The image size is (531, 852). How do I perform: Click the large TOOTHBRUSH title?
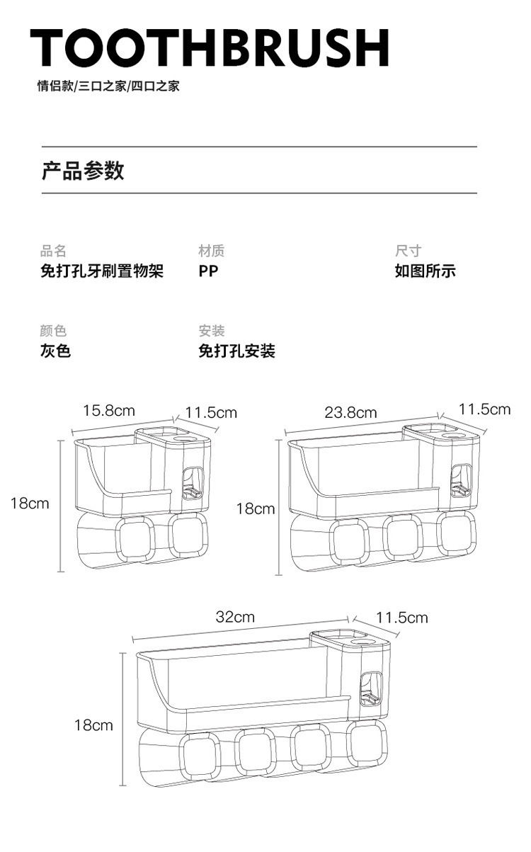pyautogui.click(x=210, y=48)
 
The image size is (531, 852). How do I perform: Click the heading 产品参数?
pyautogui.click(x=83, y=171)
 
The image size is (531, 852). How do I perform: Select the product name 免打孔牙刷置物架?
pyautogui.click(x=101, y=271)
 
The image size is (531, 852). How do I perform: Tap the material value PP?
pyautogui.click(x=208, y=271)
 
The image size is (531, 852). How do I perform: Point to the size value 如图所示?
pyautogui.click(x=425, y=271)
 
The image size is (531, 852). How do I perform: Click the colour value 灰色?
pyautogui.click(x=55, y=351)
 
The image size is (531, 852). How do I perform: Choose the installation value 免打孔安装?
pyautogui.click(x=236, y=351)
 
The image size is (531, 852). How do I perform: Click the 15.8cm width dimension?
pyautogui.click(x=108, y=411)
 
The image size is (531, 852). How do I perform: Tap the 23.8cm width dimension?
pyautogui.click(x=350, y=413)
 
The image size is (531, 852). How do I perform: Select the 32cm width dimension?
pyautogui.click(x=235, y=617)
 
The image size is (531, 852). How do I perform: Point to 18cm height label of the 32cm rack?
pyautogui.click(x=93, y=725)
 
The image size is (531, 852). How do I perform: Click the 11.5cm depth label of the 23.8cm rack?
pyautogui.click(x=484, y=409)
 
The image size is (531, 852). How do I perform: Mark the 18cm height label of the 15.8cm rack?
pyautogui.click(x=30, y=504)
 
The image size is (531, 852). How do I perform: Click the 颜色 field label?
pyautogui.click(x=53, y=331)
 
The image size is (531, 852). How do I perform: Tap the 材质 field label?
pyautogui.click(x=212, y=251)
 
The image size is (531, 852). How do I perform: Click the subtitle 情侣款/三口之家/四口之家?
pyautogui.click(x=108, y=86)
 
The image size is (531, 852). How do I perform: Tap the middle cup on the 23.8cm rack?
pyautogui.click(x=404, y=541)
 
